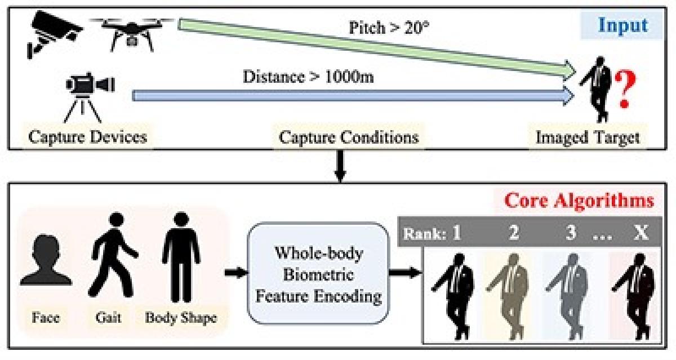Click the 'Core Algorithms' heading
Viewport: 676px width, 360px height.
pos(579,201)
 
